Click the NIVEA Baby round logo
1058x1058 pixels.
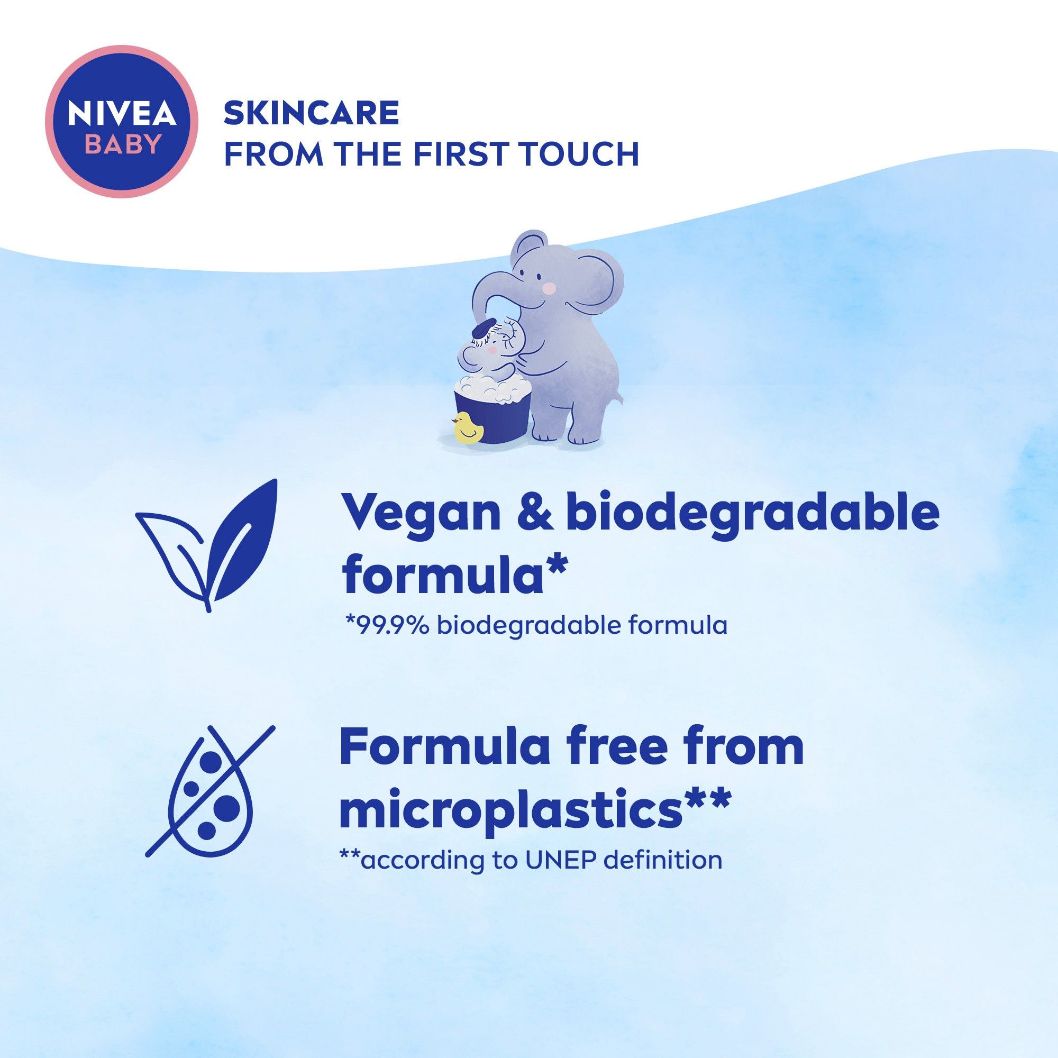point(122,122)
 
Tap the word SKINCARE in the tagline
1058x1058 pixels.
point(312,113)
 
